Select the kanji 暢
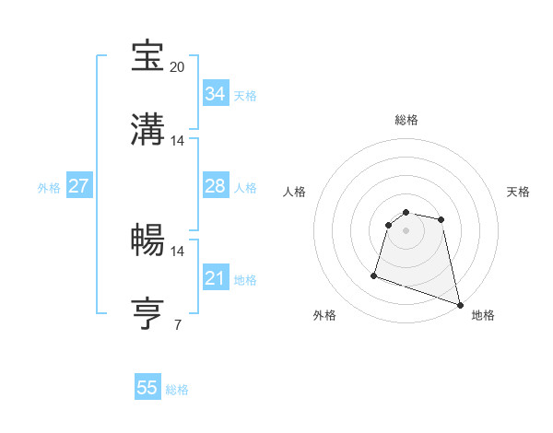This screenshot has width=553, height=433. click(148, 240)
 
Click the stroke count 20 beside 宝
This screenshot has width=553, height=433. click(178, 67)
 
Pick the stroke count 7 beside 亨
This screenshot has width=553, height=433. click(178, 323)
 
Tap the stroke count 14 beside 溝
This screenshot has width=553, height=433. click(178, 141)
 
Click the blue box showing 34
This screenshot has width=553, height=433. click(215, 94)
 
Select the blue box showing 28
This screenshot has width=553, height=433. click(215, 186)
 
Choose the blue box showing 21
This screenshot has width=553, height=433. click(215, 278)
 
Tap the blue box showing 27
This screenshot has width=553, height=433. click(78, 186)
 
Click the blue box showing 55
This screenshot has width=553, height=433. click(147, 388)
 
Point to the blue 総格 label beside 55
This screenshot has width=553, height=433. click(177, 390)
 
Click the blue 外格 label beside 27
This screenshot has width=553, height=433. click(49, 188)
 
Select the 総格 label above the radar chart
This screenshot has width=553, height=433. click(406, 120)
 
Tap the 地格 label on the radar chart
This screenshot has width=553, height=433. click(483, 315)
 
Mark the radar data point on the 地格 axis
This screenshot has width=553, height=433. click(459, 304)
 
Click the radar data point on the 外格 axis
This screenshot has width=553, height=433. click(374, 275)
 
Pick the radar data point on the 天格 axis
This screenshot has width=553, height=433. click(441, 219)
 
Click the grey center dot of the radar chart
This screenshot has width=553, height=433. click(406, 230)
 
